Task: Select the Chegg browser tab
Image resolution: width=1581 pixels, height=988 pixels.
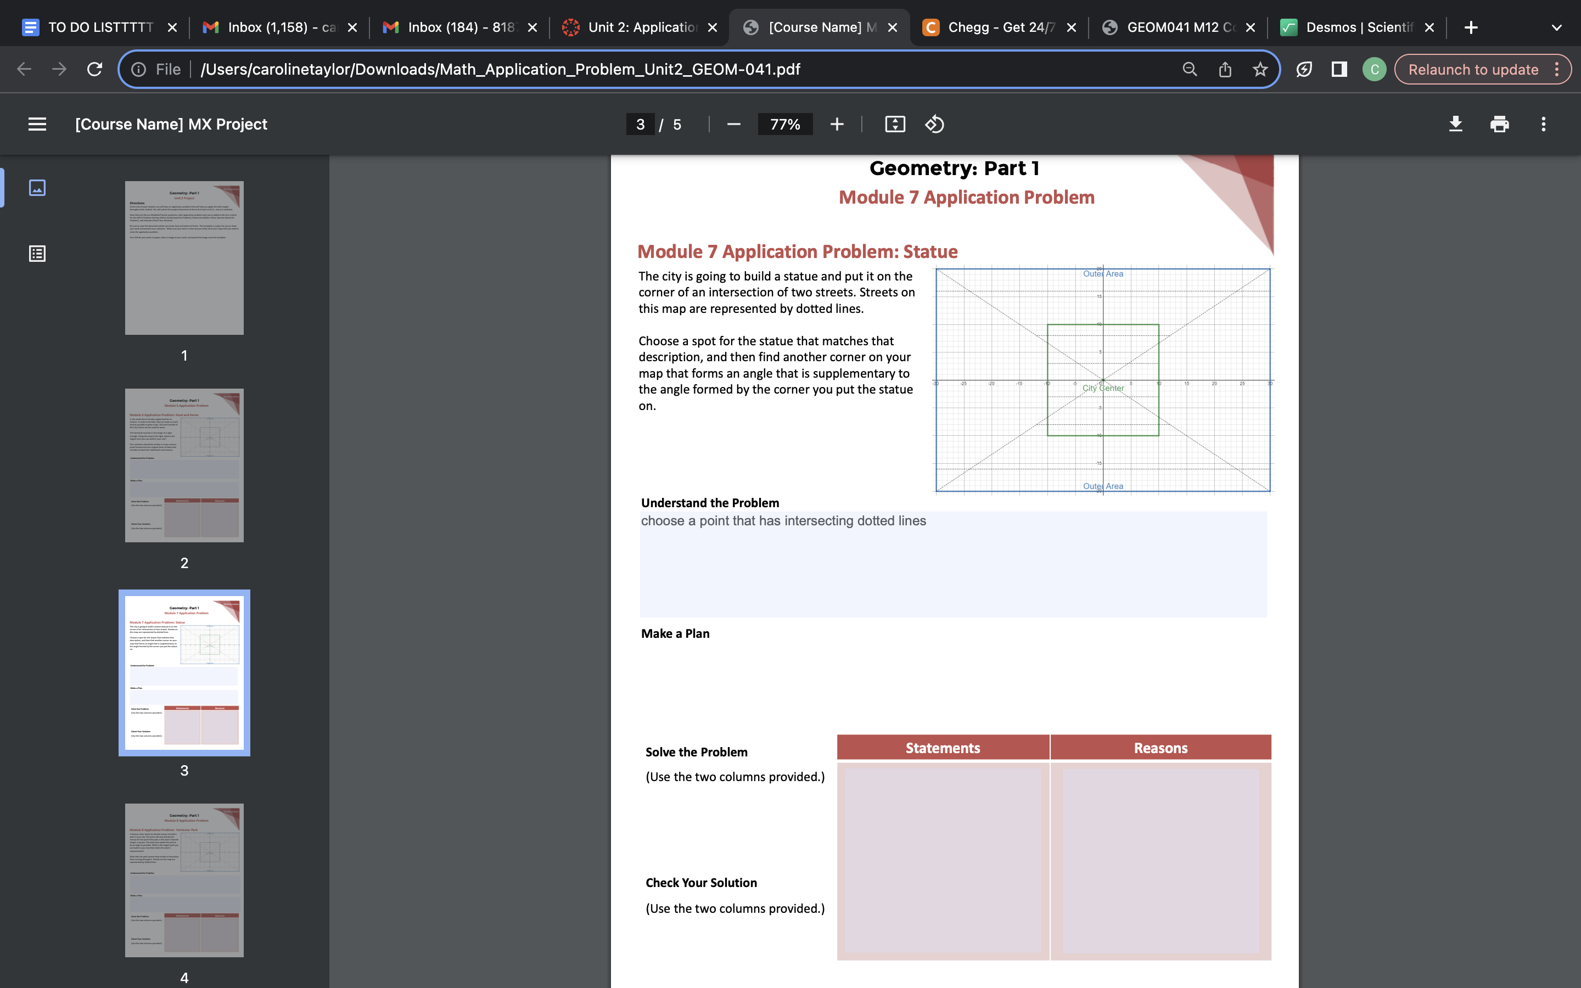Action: click(1000, 27)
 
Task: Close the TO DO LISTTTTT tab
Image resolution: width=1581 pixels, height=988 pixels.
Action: click(172, 27)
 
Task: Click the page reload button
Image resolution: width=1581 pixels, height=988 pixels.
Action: click(95, 69)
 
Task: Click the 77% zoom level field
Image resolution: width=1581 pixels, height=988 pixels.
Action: click(784, 124)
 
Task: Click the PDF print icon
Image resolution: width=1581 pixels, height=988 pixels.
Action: click(1499, 124)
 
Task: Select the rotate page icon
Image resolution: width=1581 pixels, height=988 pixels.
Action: click(934, 124)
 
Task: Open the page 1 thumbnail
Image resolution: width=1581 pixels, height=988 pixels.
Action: click(184, 258)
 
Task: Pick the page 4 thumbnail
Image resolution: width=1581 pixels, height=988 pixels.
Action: click(184, 880)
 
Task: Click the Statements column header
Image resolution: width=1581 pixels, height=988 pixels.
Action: click(943, 748)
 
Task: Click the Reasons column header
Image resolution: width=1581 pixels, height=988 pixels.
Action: click(1160, 748)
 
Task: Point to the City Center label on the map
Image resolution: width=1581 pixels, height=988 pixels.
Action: click(1103, 388)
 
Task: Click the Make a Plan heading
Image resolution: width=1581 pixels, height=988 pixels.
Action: click(675, 633)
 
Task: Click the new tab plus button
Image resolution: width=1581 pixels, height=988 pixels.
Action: click(1471, 27)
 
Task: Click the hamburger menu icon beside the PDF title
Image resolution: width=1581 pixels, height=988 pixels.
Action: click(37, 124)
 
